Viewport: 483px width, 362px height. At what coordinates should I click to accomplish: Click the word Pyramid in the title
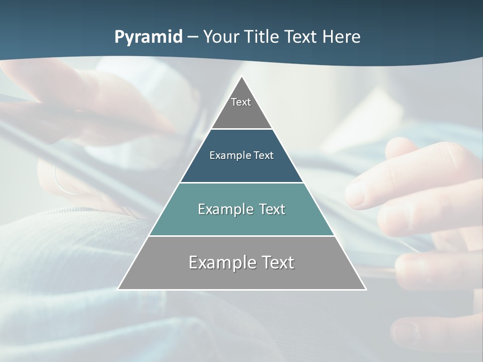148,37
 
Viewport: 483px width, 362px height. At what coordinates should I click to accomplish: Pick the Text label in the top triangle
241,102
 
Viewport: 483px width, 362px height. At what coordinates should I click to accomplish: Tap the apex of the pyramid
242,77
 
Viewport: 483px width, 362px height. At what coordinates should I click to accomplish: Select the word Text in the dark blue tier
264,155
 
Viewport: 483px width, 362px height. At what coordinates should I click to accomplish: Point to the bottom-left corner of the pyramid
118,289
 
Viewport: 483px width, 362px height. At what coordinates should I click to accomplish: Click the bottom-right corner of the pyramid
366,289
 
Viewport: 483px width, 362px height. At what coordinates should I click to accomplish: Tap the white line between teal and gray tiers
242,236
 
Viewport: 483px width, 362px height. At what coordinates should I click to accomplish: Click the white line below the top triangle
242,129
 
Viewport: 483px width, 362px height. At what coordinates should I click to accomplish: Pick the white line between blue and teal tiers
242,183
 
